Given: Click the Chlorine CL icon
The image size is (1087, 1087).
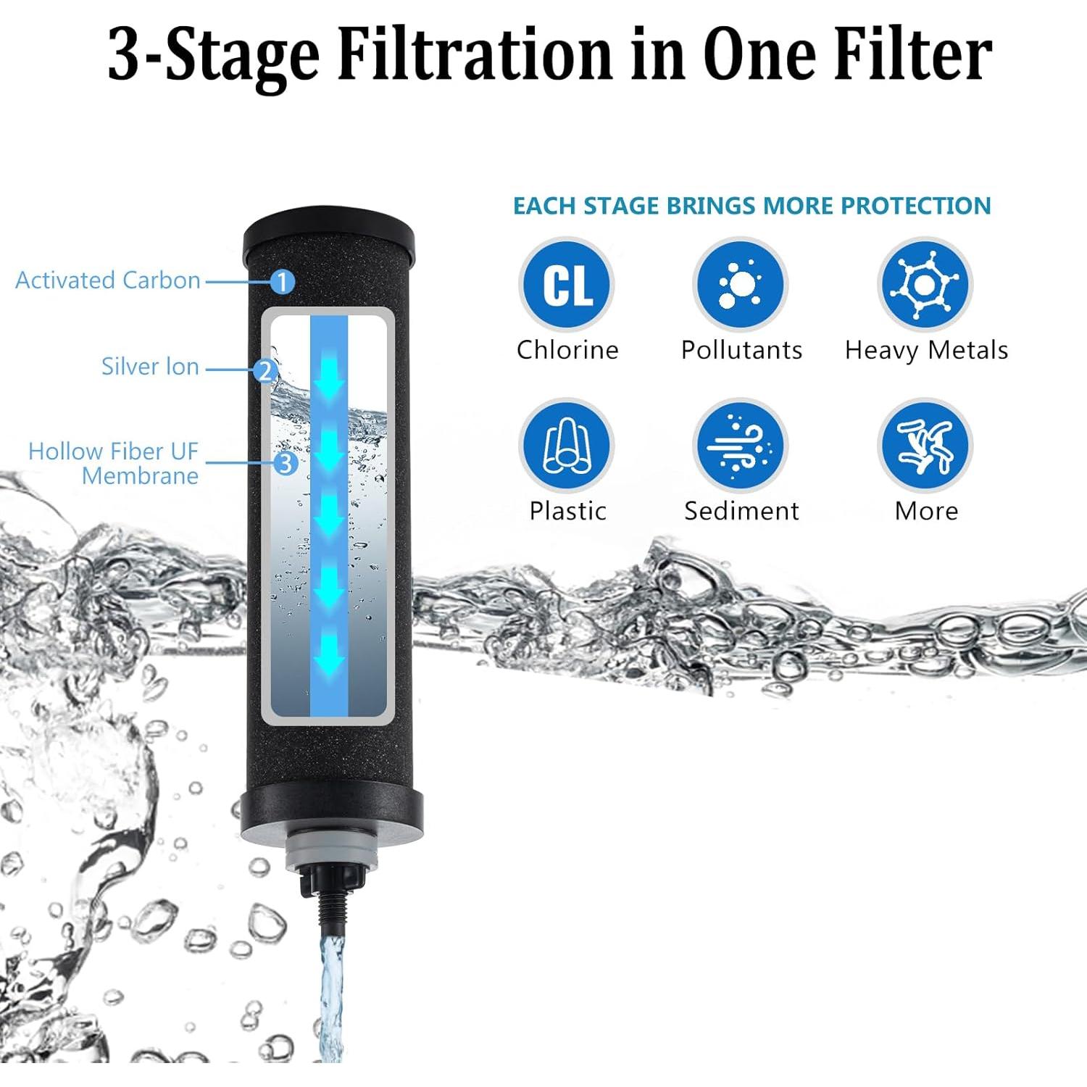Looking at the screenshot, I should (567, 285).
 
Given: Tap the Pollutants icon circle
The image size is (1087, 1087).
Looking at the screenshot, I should (740, 285).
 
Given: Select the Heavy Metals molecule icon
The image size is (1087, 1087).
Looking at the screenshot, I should (925, 285).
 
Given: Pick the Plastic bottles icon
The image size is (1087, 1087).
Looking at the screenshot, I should (567, 445).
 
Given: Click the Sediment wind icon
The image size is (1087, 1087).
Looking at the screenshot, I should (740, 445).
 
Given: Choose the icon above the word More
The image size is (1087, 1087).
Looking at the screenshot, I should (925, 445).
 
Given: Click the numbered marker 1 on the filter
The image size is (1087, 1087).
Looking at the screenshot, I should (283, 281).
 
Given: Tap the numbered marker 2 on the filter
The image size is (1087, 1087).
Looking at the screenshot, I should (265, 371).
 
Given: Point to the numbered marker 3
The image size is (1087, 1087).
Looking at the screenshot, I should (286, 462).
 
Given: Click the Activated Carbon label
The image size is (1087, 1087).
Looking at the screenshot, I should (108, 280).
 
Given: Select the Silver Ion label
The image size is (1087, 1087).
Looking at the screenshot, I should (150, 367).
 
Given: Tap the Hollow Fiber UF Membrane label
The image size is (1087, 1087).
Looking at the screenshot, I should (114, 464).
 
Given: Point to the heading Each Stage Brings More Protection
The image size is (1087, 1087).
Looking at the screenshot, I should (751, 206).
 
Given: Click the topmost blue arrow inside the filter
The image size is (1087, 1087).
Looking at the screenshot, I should (329, 373).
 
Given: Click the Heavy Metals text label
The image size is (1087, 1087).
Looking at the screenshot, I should (926, 350).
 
